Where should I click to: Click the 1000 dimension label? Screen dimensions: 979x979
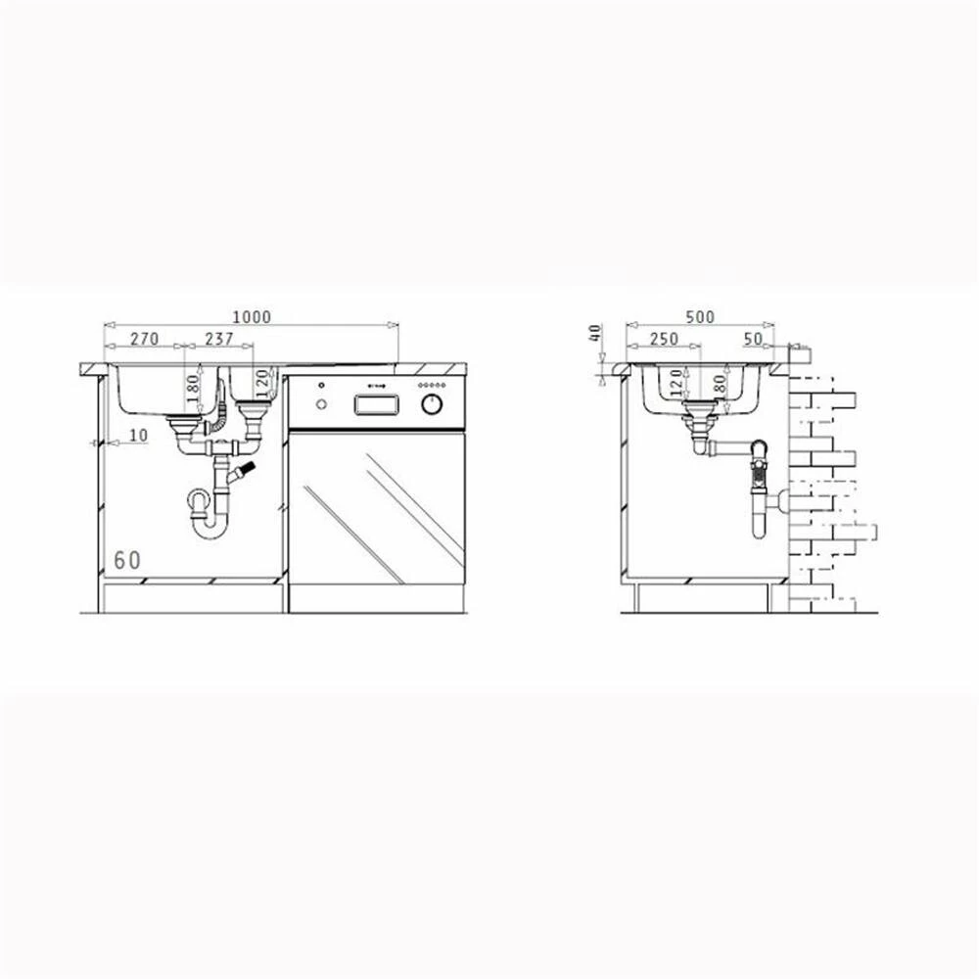click(x=252, y=316)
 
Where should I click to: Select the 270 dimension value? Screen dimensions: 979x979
click(x=145, y=339)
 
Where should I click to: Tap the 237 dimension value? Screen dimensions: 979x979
click(x=219, y=339)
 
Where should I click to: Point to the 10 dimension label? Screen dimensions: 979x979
click(x=139, y=435)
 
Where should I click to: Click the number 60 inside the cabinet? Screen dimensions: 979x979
click(x=127, y=560)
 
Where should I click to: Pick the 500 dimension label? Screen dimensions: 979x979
click(x=700, y=316)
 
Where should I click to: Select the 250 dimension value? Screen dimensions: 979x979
click(x=664, y=339)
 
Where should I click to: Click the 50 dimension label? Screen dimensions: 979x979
click(x=754, y=339)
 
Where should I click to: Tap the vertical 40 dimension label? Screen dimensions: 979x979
click(x=596, y=333)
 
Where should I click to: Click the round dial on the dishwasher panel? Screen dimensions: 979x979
click(x=432, y=404)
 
